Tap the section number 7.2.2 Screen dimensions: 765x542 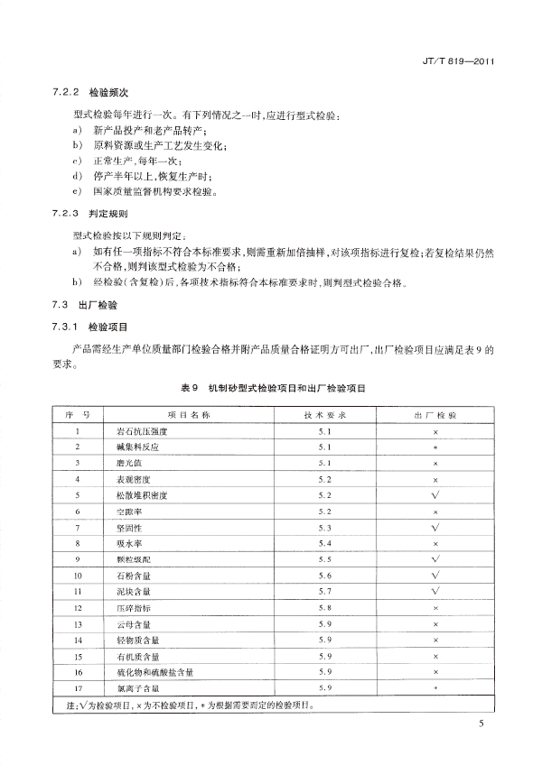pyautogui.click(x=67, y=92)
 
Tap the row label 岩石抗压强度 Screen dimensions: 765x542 pyautogui.click(x=135, y=431)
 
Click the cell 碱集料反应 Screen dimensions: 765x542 pyautogui.click(x=130, y=447)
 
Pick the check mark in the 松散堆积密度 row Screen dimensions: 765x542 pyautogui.click(x=435, y=495)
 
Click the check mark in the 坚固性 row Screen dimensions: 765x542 pyautogui.click(x=435, y=527)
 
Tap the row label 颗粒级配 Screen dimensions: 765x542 pyautogui.click(x=127, y=559)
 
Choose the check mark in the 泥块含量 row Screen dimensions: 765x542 pyautogui.click(x=435, y=591)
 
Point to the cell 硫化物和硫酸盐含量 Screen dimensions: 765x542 pyautogui.click(x=149, y=672)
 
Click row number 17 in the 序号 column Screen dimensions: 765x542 pyautogui.click(x=79, y=688)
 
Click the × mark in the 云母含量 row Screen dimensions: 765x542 pyautogui.click(x=435, y=623)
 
